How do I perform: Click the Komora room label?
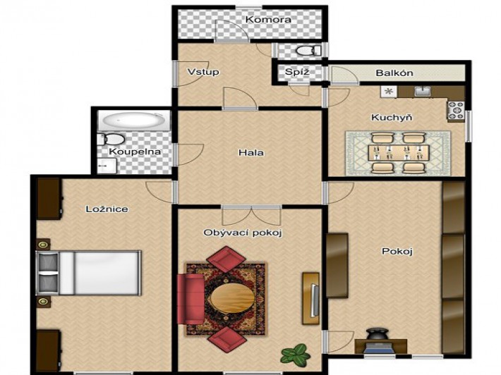point(268,20)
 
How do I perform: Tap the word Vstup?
point(203,72)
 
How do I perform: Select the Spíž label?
point(297,72)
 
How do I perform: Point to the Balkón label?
point(394,73)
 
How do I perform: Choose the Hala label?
point(251,153)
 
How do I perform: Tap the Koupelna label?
point(135,152)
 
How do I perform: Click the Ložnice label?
point(107,209)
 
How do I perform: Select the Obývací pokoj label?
point(243,233)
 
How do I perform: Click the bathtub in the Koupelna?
point(134,121)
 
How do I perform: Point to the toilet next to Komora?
point(308,51)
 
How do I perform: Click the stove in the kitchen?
point(456,111)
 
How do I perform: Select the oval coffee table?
point(233,298)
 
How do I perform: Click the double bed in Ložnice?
point(88,273)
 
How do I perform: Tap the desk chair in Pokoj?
point(377,336)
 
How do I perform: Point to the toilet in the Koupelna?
point(111,140)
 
